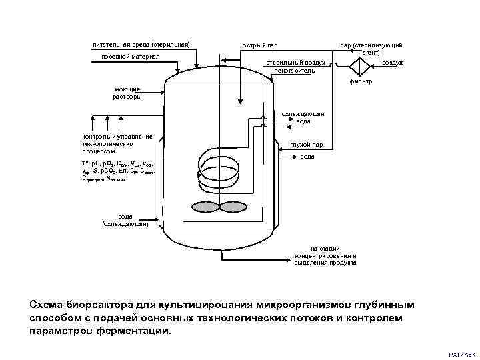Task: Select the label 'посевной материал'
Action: pyautogui.click(x=130, y=57)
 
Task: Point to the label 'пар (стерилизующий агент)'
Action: pyautogui.click(x=371, y=48)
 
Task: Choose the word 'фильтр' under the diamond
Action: pyautogui.click(x=361, y=81)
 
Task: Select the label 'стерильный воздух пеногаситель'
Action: pyautogui.click(x=296, y=66)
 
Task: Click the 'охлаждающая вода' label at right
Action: pyautogui.click(x=303, y=117)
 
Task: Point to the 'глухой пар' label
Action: pyautogui.click(x=306, y=145)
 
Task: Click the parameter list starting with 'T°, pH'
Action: pyautogui.click(x=118, y=171)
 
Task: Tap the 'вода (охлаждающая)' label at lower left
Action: pyautogui.click(x=125, y=220)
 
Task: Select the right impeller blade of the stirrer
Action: pyautogui.click(x=233, y=207)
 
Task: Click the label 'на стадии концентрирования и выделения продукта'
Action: pyautogui.click(x=325, y=255)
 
